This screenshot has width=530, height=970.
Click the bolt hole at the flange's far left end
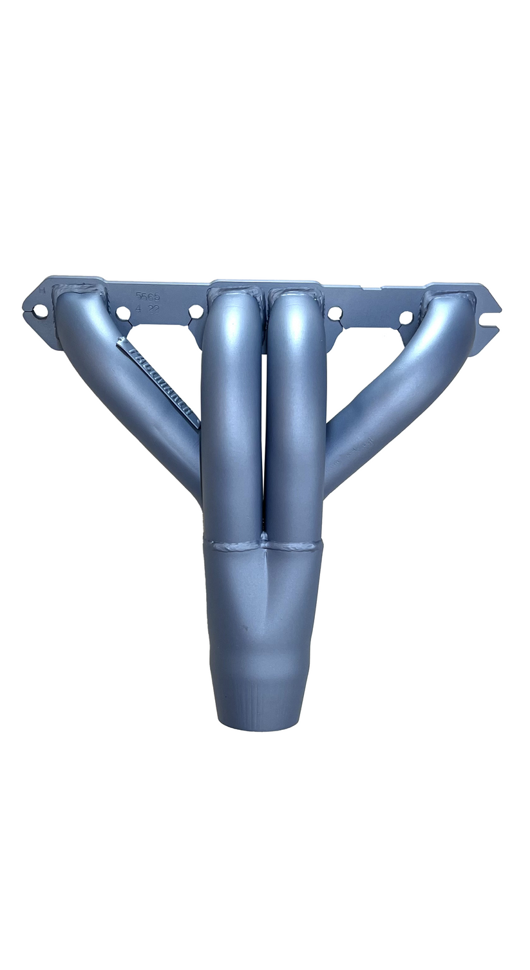[x=40, y=312]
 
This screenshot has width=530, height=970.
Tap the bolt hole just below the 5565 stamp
[x=123, y=313]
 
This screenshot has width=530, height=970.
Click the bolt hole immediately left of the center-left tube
[x=196, y=312]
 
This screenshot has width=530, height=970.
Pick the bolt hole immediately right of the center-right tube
[x=335, y=313]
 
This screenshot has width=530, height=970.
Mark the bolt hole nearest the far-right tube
[x=406, y=317]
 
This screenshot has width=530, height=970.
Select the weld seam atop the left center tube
[x=233, y=293]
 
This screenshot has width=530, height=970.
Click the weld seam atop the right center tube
[x=295, y=294]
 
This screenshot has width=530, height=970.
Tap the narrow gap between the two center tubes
[x=264, y=438]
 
